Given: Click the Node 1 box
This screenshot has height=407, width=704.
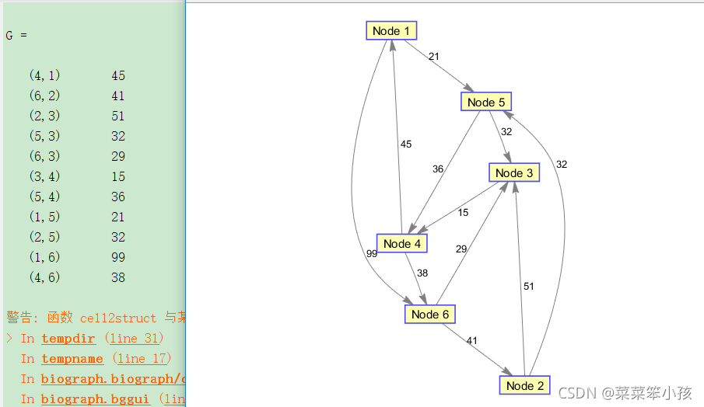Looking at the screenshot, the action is click(391, 31).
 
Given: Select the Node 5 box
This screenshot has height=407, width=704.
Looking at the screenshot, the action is click(486, 103).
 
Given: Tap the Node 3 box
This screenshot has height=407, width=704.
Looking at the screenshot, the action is click(514, 172).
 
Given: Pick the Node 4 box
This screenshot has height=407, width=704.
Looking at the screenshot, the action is click(401, 244).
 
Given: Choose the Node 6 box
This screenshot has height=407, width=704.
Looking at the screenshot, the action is click(429, 315).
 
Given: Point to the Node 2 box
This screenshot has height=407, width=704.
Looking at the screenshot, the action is click(525, 385).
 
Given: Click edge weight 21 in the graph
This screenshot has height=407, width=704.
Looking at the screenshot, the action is click(433, 57).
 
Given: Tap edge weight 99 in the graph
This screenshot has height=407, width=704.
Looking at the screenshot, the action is click(372, 254).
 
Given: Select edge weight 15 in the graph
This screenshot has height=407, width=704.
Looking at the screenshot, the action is click(463, 213).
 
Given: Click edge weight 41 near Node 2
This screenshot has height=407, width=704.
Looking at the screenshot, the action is click(472, 341).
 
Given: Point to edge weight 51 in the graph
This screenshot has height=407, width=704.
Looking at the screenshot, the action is click(529, 287).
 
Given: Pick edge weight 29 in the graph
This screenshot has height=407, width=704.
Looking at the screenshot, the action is click(461, 249).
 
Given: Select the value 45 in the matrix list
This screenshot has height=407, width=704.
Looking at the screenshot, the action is click(118, 76).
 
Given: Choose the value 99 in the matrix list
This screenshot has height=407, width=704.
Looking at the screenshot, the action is click(118, 257).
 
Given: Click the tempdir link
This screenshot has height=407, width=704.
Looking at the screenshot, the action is click(68, 339).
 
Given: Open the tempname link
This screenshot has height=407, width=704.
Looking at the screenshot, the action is click(72, 359).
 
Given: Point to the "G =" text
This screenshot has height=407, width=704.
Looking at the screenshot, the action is click(16, 36).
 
